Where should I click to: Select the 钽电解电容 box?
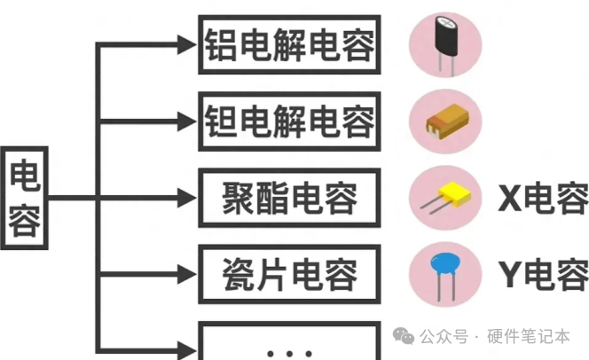pyautogui.click(x=288, y=121)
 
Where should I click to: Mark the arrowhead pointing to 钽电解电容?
pyautogui.click(x=186, y=121)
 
